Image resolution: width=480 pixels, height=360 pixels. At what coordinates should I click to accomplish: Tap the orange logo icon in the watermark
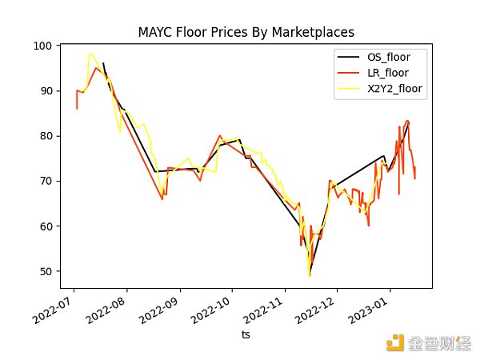tap(394, 342)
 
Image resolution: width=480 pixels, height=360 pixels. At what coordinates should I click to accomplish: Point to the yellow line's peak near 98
tap(90, 54)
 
